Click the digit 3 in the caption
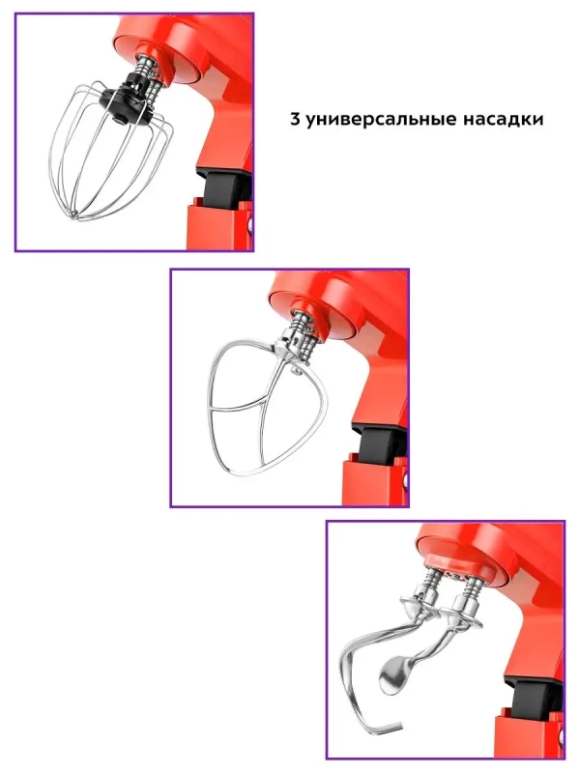click(x=295, y=122)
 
